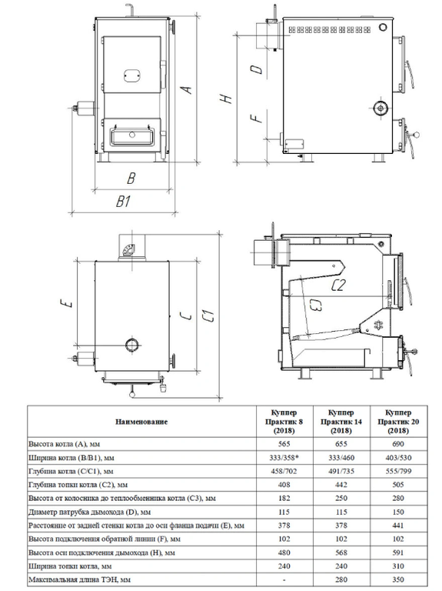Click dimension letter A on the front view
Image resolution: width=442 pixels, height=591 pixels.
(187, 90)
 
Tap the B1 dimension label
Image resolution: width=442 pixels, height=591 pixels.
(123, 202)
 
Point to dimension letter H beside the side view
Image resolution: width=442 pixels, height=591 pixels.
(227, 98)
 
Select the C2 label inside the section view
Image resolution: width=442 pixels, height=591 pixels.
(337, 285)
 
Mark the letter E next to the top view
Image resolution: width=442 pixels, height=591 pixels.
(68, 302)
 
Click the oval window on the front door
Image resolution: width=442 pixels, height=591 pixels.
(131, 75)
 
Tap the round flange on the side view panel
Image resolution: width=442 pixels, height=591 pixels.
(381, 109)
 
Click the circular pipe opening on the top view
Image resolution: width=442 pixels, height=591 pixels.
(131, 344)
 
